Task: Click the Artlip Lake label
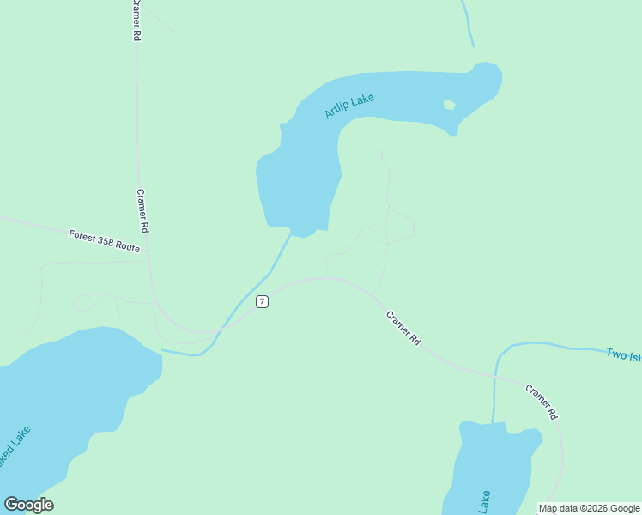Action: pos(349,106)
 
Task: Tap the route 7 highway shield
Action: pos(262,301)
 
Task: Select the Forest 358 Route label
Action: pos(104,240)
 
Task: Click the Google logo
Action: pos(28,505)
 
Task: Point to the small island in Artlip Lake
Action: pos(448,105)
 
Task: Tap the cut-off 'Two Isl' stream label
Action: pos(622,354)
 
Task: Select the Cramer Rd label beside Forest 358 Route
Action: pos(142,212)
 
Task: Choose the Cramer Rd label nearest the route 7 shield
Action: pos(403,328)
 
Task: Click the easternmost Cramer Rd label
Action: pos(542,402)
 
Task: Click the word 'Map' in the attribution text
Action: pos(548,508)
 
